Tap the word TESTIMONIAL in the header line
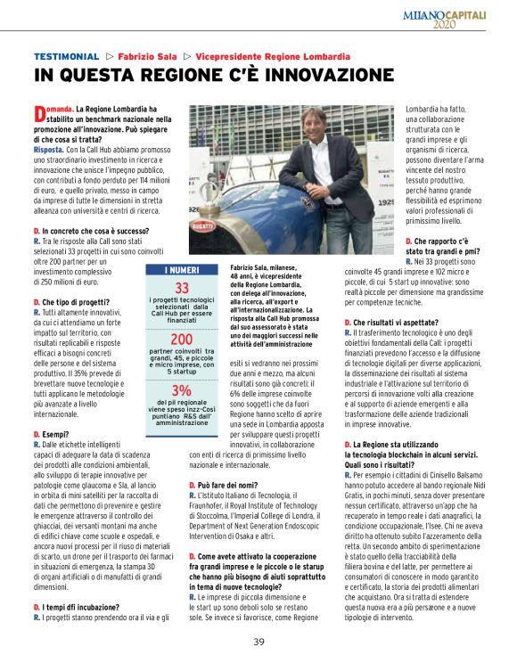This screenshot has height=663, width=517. click(66, 55)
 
